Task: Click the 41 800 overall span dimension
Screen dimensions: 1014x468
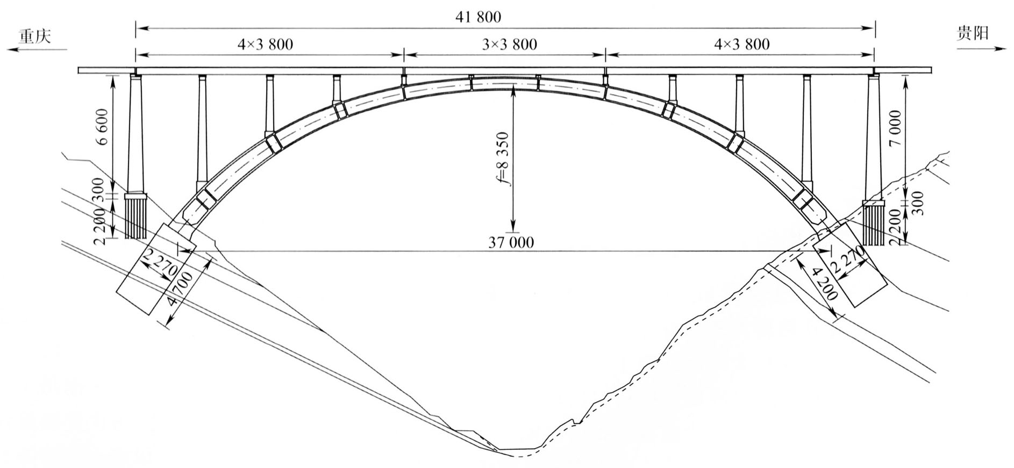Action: tap(477, 17)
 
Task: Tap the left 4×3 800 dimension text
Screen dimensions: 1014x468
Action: tap(265, 44)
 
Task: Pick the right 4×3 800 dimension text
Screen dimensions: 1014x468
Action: tap(741, 44)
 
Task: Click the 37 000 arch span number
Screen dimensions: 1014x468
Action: tap(511, 243)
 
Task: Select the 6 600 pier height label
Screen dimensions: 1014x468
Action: tap(103, 127)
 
